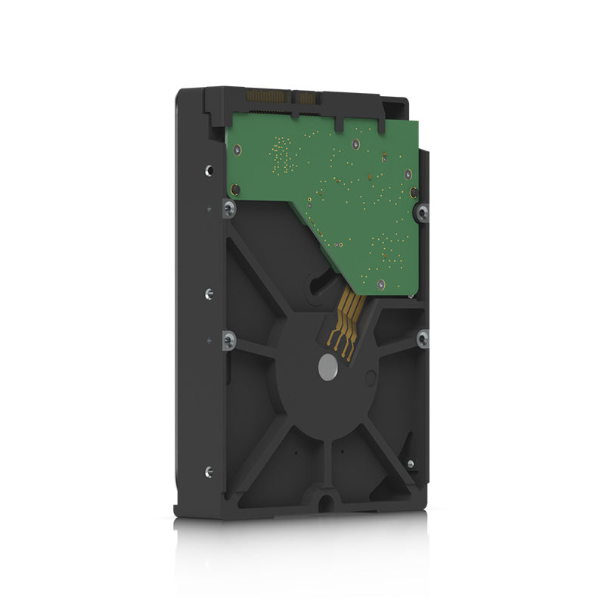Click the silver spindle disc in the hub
point(327,368)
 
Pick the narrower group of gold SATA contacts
point(307,98)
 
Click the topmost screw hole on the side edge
point(209,170)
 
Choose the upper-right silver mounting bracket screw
point(422,213)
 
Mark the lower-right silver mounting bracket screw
point(422,338)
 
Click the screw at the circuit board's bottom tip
point(380,284)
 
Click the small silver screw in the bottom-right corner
point(410,464)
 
